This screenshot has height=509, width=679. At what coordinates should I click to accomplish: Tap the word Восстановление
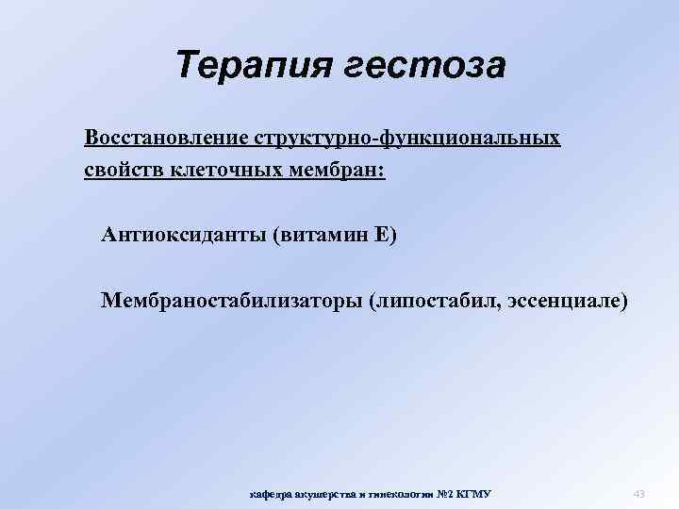(165, 139)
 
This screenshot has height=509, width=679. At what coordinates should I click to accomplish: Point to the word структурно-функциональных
(406, 139)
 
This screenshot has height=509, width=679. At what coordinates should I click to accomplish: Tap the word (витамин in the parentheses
(319, 233)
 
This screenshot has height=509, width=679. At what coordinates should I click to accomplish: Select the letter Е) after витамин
(385, 233)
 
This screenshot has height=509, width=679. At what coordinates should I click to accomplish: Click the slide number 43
(638, 494)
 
